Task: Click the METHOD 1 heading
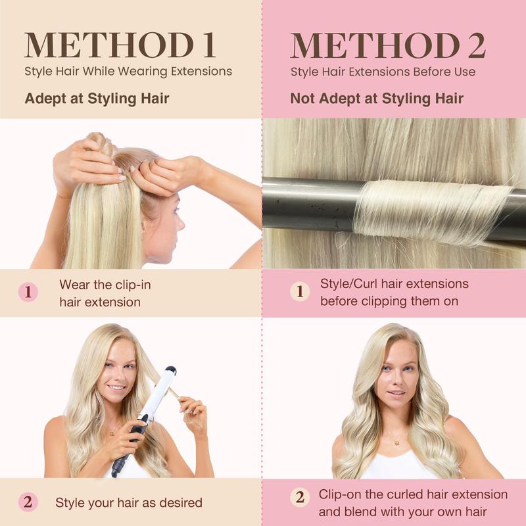[x=120, y=45]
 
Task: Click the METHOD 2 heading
[x=388, y=45]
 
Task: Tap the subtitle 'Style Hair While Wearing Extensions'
[x=128, y=72]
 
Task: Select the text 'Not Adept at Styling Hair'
[x=377, y=99]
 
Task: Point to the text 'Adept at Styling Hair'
[x=97, y=99]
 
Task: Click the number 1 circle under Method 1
[x=28, y=292]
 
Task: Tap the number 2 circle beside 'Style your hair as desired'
[x=28, y=502]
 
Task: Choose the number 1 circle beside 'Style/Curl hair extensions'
[x=300, y=291]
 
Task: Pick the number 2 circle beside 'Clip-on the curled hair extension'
[x=300, y=497]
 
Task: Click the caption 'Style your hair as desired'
[x=129, y=502]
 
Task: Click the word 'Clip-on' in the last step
[x=339, y=495]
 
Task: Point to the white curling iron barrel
[x=158, y=392]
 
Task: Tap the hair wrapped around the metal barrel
[x=433, y=211]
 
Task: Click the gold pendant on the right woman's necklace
[x=397, y=443]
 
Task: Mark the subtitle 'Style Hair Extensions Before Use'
[x=383, y=72]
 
